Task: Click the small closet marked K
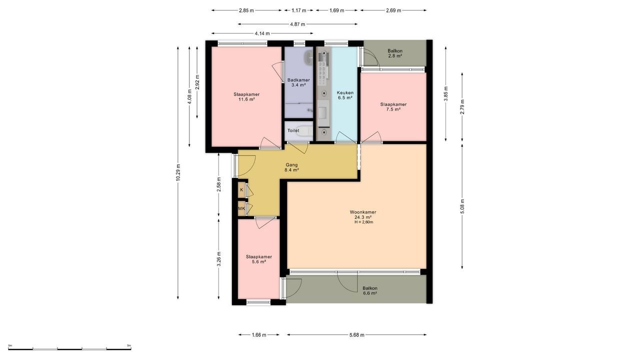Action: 241,190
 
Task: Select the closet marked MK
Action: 241,208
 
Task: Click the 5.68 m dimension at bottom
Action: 356,335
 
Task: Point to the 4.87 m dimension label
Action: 297,24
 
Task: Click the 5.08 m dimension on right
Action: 462,206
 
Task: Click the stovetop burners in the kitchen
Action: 323,67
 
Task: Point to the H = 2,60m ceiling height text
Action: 363,222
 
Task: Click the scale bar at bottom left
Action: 70,348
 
